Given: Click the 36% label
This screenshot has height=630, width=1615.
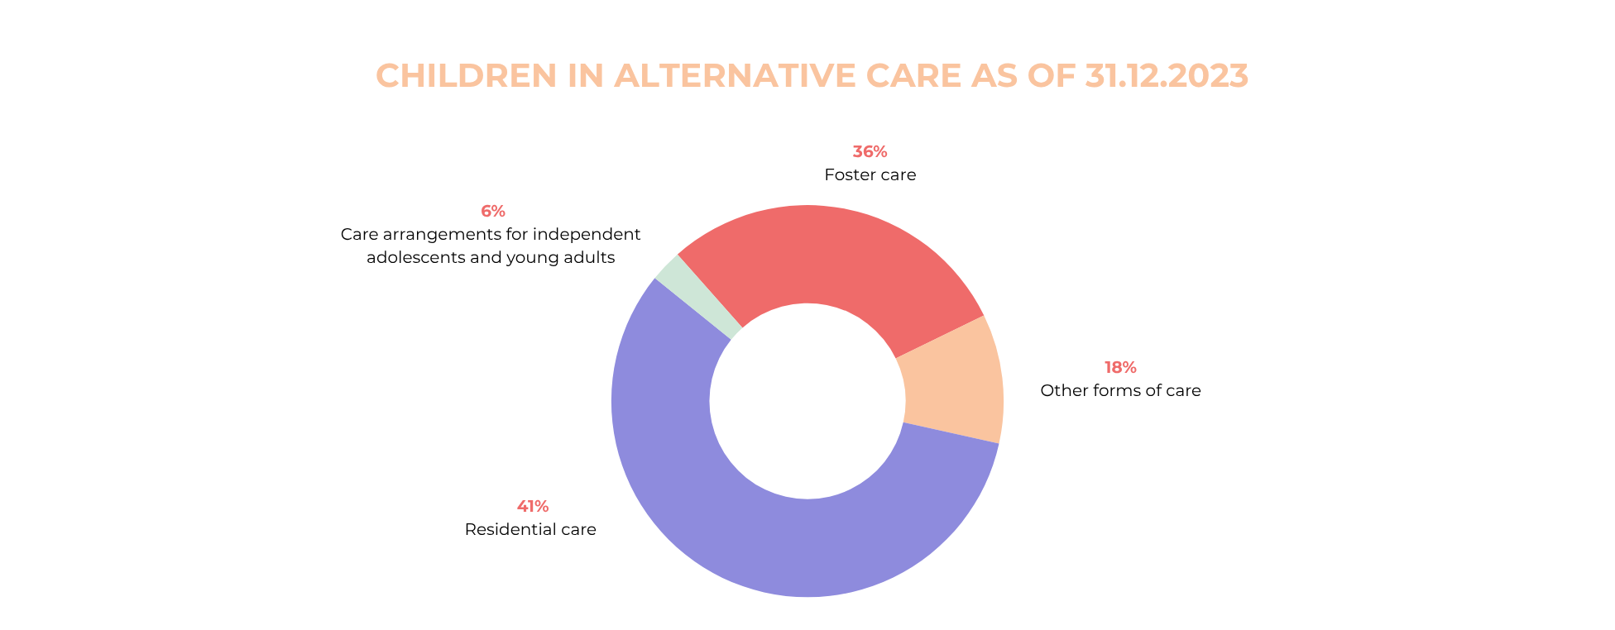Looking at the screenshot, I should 870,152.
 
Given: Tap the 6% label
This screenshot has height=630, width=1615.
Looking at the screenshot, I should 493,212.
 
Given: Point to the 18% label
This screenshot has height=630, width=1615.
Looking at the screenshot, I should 1120,368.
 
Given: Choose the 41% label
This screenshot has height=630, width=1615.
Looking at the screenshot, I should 533,507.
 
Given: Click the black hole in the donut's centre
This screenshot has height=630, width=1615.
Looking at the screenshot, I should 807,401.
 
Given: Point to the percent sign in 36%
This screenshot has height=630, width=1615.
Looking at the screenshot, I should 879,152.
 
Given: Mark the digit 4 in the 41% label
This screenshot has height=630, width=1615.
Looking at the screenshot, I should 523,507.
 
